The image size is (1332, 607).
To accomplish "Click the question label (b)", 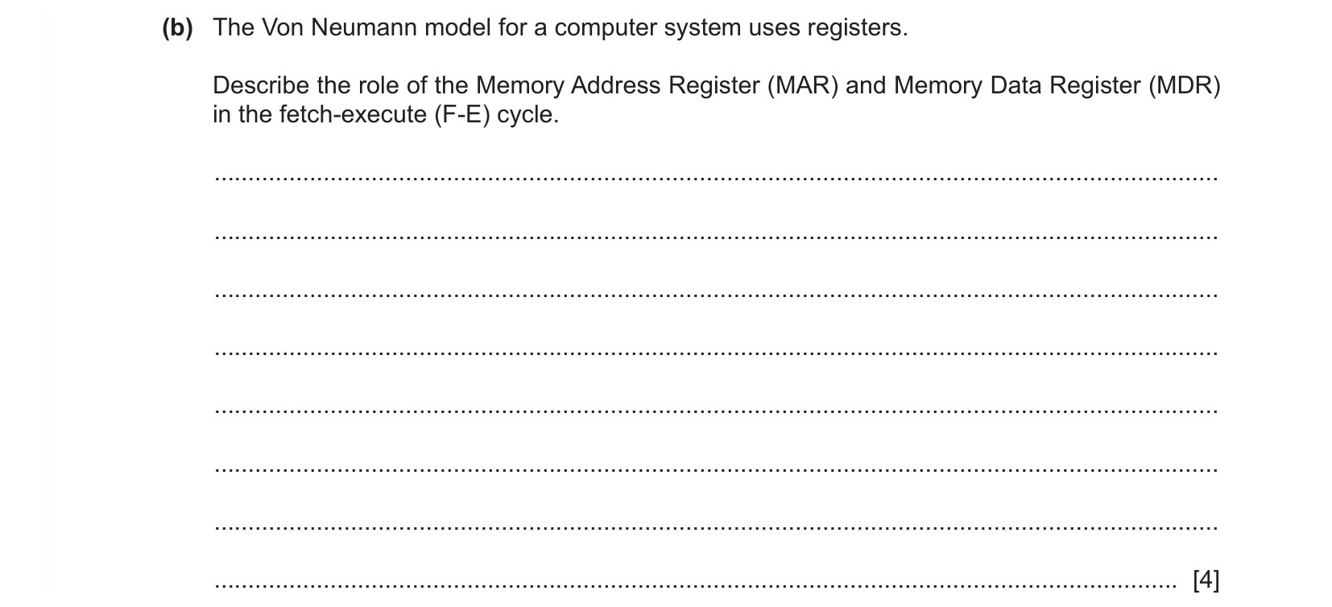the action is [177, 28].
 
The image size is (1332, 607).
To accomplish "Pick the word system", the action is [702, 28].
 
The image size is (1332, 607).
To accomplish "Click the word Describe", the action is [261, 85].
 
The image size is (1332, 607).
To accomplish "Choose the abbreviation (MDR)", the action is [1185, 85].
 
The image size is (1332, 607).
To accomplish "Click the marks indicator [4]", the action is [1206, 579].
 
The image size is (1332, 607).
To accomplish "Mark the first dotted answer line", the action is [716, 178].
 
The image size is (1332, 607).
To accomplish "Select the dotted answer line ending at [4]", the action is [695, 586].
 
